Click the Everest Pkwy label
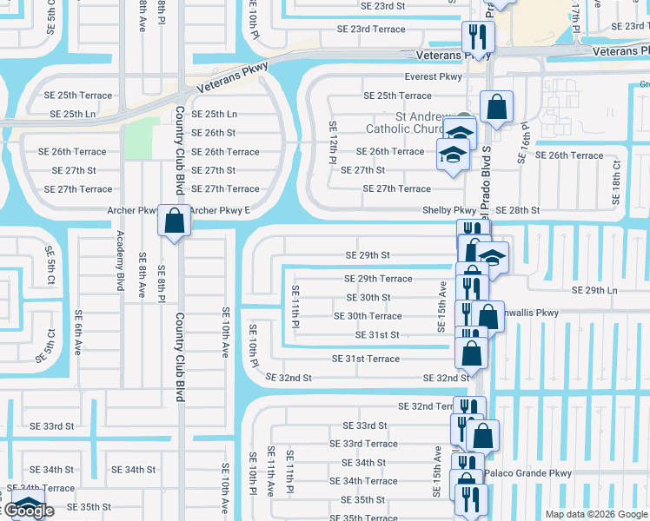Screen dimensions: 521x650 click(x=438, y=77)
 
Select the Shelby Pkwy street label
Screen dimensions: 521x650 click(x=448, y=210)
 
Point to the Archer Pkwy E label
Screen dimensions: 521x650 click(x=219, y=210)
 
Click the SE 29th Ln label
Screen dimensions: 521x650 click(x=594, y=289)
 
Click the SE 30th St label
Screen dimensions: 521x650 click(x=368, y=297)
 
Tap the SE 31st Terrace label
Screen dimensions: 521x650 click(x=365, y=359)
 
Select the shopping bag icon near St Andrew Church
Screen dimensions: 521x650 click(x=496, y=108)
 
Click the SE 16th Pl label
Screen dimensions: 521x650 click(x=523, y=142)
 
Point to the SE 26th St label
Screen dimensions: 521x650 click(x=213, y=133)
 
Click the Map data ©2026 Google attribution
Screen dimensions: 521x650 click(x=595, y=514)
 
